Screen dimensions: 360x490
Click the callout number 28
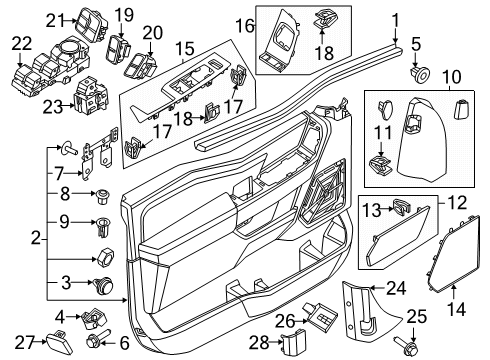[x=258, y=344]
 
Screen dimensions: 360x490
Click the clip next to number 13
[x=400, y=208]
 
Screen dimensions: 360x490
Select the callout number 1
[x=396, y=17]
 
